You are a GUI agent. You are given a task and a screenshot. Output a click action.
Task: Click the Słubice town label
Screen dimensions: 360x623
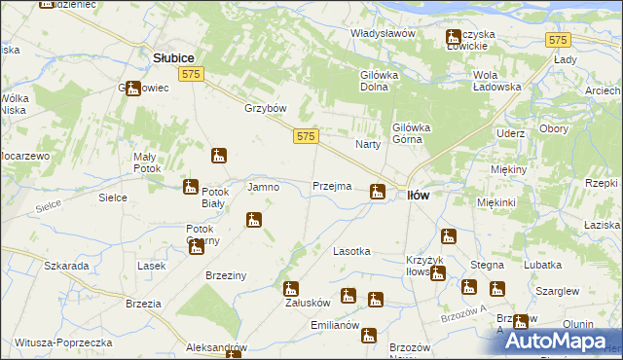coord(174,58)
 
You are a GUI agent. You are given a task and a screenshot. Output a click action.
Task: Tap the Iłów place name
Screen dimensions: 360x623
coord(417,195)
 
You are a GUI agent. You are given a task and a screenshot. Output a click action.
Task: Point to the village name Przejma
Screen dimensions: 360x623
coord(331,186)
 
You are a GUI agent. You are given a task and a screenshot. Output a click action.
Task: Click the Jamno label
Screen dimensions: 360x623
coord(264,186)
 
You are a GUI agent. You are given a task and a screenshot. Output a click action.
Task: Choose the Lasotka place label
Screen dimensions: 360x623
coord(351,251)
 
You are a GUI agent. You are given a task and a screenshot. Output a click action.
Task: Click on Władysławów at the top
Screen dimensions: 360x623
coord(384,33)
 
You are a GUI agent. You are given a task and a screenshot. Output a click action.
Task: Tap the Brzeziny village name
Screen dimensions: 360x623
coord(225,276)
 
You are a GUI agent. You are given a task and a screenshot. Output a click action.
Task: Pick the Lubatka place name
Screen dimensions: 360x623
coord(542,265)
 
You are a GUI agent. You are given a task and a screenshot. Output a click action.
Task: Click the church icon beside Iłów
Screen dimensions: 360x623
coord(377,193)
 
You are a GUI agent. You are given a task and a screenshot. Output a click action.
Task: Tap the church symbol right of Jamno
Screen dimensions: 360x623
coord(254,220)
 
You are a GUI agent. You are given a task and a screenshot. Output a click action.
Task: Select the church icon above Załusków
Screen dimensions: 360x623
coord(290,289)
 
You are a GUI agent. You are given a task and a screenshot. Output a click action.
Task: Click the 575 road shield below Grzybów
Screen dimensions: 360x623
coord(305,139)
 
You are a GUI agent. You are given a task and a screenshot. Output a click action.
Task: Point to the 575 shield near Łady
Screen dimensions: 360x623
coord(558,40)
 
